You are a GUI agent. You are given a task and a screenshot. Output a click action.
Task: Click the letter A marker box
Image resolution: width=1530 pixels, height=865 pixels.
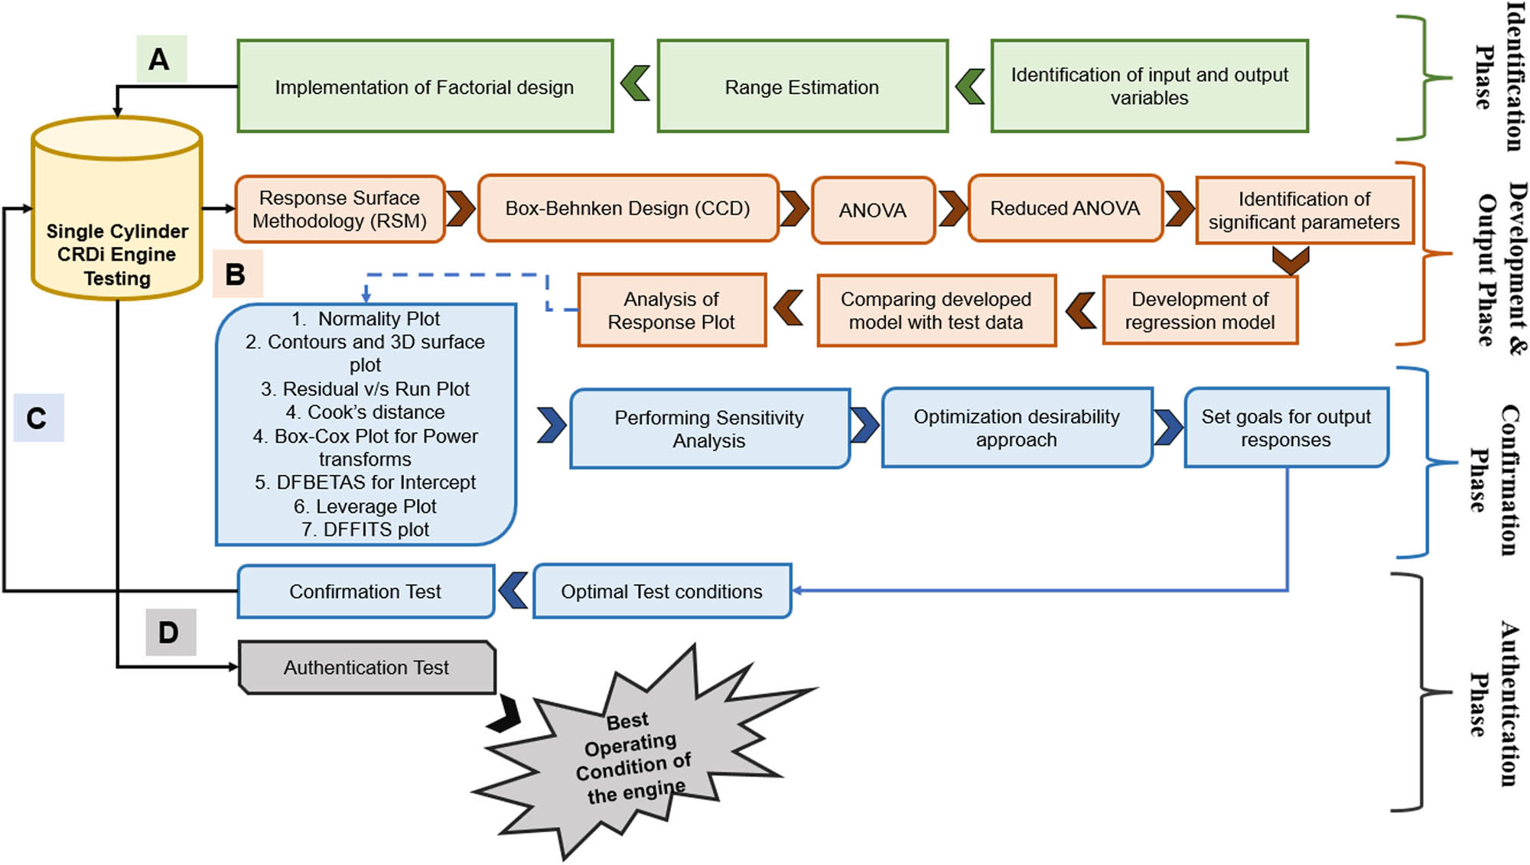click(x=161, y=59)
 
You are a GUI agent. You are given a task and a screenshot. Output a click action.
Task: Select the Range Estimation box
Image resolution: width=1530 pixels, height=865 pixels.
click(x=802, y=86)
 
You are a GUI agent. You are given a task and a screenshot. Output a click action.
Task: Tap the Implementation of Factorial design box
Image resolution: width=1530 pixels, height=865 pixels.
click(x=425, y=86)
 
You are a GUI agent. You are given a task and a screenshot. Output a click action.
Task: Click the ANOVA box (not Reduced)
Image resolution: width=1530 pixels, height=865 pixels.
click(x=873, y=210)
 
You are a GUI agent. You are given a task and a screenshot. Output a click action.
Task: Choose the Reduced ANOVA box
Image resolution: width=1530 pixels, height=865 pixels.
click(x=1065, y=208)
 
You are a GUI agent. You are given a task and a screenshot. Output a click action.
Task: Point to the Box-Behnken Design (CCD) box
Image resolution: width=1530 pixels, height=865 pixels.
click(x=627, y=208)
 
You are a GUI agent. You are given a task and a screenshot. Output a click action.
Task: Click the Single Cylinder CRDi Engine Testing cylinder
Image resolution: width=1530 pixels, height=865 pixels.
click(x=116, y=222)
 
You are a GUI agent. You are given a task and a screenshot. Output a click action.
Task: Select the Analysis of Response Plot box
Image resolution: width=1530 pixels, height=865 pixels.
click(x=671, y=311)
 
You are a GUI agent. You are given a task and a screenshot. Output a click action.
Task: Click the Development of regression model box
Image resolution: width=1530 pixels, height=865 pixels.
click(x=1200, y=311)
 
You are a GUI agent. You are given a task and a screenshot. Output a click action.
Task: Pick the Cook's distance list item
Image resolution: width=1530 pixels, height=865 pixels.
click(x=365, y=412)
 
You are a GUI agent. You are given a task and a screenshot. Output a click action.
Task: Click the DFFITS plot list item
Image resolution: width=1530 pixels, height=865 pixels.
click(x=365, y=529)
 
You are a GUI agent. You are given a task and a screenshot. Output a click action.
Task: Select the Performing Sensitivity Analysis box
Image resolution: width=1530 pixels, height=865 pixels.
click(x=709, y=428)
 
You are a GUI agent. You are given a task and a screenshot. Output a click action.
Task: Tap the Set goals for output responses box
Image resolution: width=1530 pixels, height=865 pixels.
click(x=1286, y=428)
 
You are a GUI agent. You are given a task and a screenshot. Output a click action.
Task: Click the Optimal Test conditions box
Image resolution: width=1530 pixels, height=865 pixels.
click(x=662, y=591)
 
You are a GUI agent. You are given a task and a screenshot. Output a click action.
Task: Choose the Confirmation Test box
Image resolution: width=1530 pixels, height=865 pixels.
click(x=365, y=591)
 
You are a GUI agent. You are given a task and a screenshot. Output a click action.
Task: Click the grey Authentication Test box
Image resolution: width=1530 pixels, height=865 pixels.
click(x=366, y=668)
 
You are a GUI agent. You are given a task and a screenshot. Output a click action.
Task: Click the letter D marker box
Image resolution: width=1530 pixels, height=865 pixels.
click(x=171, y=632)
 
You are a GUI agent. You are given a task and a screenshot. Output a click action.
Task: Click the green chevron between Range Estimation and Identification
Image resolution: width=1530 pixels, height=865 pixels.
click(x=970, y=86)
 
